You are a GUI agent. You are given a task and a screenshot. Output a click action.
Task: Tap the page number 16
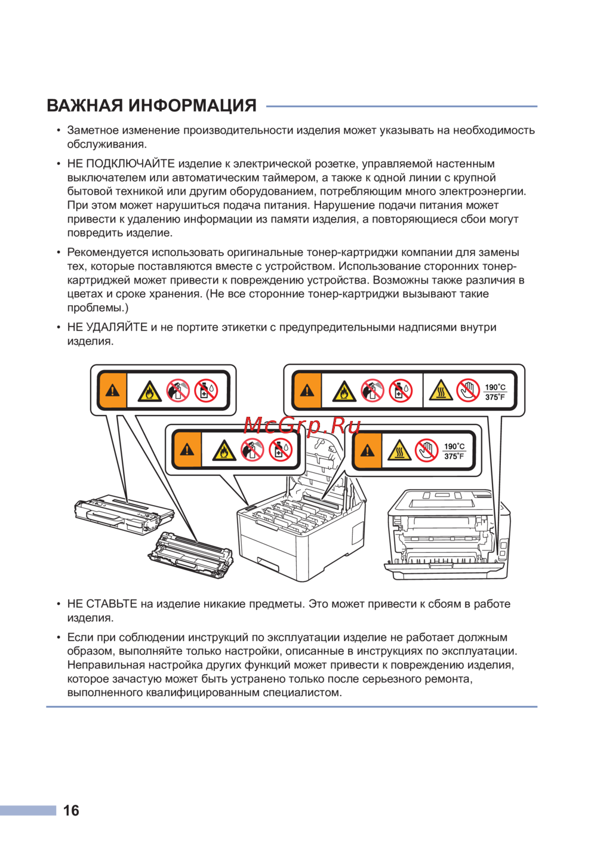(71, 810)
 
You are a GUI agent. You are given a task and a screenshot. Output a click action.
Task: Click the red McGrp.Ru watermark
(301, 425)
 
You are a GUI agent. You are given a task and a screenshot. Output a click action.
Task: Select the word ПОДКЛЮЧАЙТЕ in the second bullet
(130, 164)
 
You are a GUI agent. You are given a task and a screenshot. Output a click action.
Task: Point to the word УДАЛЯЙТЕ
(117, 327)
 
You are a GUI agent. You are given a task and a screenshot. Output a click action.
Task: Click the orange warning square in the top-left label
(112, 390)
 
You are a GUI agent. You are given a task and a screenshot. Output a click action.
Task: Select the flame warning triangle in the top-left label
(149, 392)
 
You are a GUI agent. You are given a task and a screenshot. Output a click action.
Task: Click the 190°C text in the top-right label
(495, 387)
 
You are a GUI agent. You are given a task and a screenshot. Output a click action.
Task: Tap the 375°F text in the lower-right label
(454, 456)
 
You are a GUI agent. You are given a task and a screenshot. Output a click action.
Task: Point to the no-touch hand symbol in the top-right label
(467, 390)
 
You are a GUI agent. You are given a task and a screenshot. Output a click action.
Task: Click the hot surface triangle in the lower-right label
(399, 450)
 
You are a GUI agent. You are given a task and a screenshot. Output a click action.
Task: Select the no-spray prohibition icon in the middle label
(253, 450)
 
